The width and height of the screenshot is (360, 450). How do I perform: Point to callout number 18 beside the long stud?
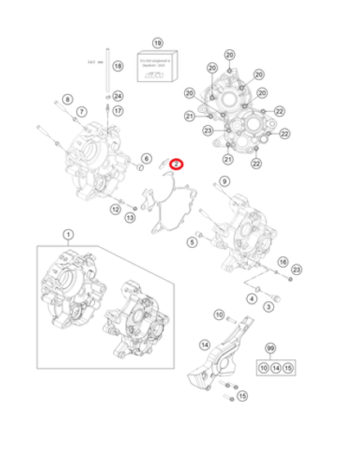point(117,65)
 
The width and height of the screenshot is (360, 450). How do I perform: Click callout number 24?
point(118,97)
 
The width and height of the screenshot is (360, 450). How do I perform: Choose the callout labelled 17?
point(118,110)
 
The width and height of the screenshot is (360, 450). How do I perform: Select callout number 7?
point(82,111)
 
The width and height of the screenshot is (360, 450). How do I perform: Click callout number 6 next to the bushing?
point(146,159)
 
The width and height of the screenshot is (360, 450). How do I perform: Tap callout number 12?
point(115,209)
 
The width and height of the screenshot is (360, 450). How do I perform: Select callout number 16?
point(282,262)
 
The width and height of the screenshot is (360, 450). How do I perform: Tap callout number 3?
point(268,306)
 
